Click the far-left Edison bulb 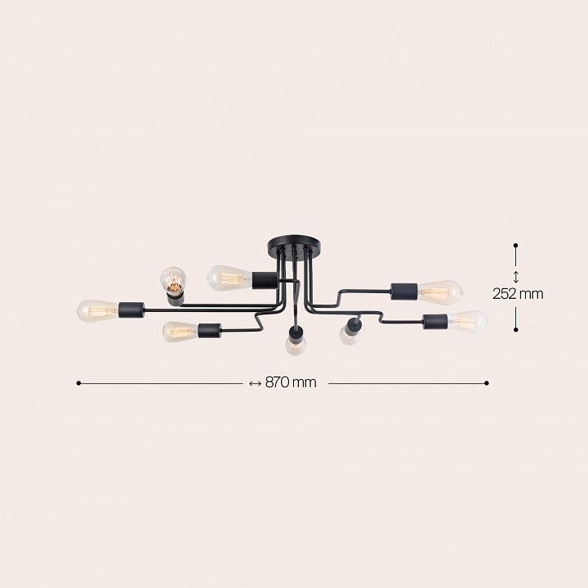point(98,310)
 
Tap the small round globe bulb point(174,279)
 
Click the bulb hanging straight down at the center point(295,345)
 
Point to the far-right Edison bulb point(468,322)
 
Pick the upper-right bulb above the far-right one point(440,292)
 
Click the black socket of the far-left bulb point(131,310)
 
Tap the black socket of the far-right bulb point(435,322)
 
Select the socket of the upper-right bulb point(404,292)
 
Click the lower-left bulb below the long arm point(180,332)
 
